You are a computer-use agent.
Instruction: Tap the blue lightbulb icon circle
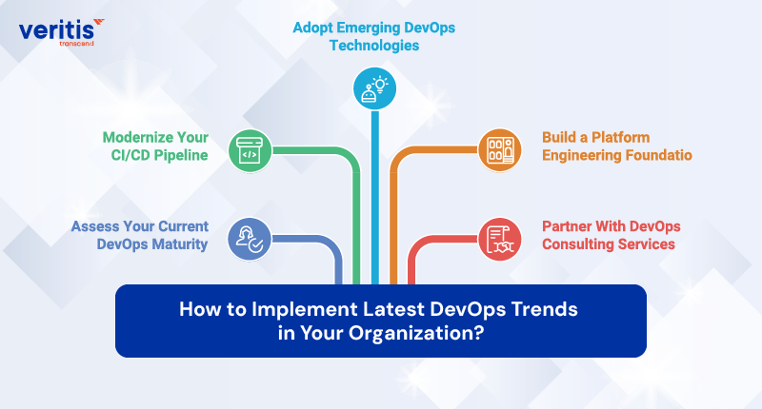pos(373,88)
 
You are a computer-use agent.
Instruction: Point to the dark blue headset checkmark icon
pos(248,237)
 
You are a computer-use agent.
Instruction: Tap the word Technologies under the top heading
pos(373,46)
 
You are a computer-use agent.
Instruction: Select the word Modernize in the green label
pos(142,137)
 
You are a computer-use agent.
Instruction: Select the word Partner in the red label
pos(569,226)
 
